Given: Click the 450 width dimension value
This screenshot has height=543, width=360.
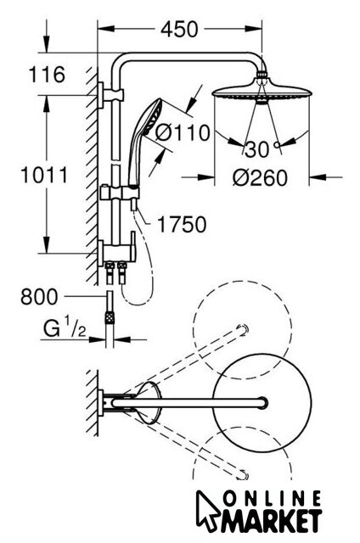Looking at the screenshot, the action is coord(179,29).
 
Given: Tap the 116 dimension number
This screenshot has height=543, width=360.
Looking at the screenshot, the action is coord(47,74).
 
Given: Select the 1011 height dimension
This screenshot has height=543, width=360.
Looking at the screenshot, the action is coord(44,175).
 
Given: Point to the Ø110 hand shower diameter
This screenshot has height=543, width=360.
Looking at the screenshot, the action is coord(183,132).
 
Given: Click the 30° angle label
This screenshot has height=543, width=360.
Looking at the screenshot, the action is coord(263,149).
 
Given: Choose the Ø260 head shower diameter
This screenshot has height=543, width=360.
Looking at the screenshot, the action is coord(260,177).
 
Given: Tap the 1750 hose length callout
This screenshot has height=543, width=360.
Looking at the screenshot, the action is coord(182,224).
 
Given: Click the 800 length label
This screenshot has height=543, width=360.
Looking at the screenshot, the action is coord(39,297).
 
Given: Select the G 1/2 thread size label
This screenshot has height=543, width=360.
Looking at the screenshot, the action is coord(65,328).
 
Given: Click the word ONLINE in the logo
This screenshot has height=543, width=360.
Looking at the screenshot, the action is coord(272,500).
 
